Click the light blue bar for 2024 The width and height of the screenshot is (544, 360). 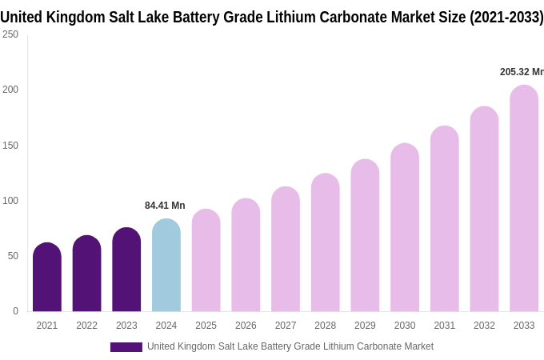166,266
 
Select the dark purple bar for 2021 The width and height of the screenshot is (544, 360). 47,277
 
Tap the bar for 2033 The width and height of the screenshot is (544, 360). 524,198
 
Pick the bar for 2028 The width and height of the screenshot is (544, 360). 325,242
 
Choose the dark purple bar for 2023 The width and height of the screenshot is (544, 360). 126,270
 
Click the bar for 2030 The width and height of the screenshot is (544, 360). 405,227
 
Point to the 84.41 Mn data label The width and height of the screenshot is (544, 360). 165,206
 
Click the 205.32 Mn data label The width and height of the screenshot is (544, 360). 522,72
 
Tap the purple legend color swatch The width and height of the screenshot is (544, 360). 126,347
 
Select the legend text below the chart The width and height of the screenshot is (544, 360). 290,346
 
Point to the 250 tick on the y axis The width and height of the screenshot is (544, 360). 10,34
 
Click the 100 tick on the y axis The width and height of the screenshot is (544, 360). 10,201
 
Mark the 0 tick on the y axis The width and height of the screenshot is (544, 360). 15,311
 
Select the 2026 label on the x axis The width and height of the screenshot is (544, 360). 246,326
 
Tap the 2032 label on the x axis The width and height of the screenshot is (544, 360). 484,326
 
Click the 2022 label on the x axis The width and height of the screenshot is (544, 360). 86,326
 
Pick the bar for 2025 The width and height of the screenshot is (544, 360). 206,260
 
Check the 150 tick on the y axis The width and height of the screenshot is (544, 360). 10,146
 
